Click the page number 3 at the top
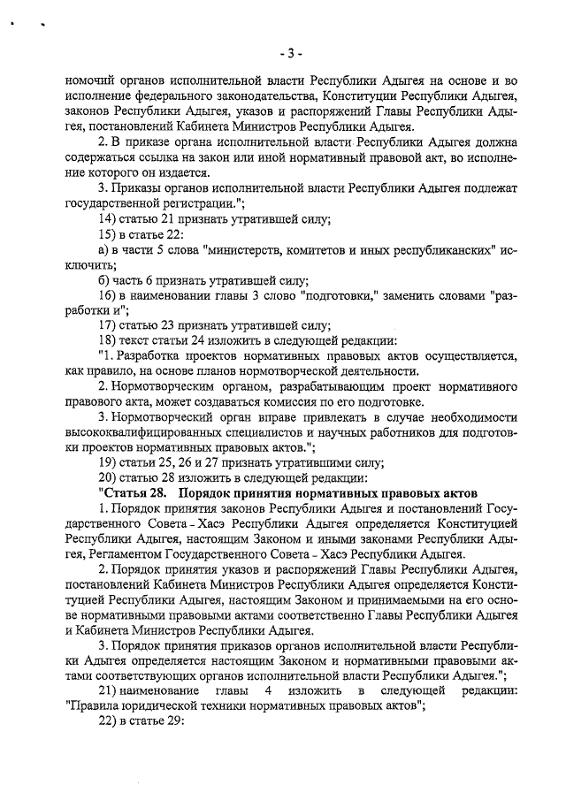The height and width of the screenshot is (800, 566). pos(286,52)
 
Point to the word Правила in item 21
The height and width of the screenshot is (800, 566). pos(92,706)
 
